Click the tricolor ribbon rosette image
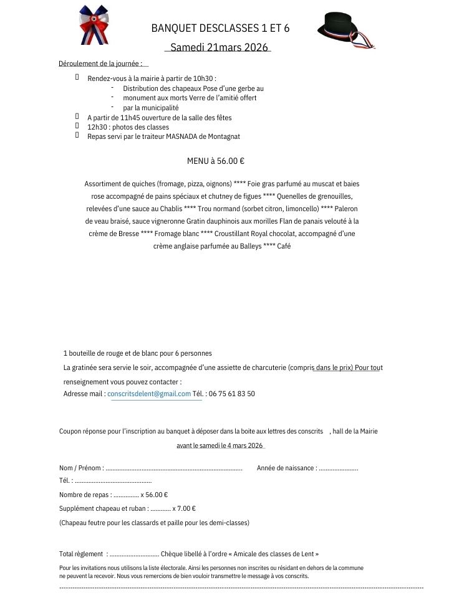[x=94, y=25]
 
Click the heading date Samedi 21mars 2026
[x=219, y=47]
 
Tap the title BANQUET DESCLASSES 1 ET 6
[x=220, y=28]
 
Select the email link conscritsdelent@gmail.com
[x=149, y=394]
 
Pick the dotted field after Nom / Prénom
[x=174, y=468]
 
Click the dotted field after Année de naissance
[x=338, y=468]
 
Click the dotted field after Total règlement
[x=134, y=554]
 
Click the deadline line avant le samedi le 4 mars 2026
[x=220, y=445]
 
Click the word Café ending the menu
[x=284, y=246]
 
